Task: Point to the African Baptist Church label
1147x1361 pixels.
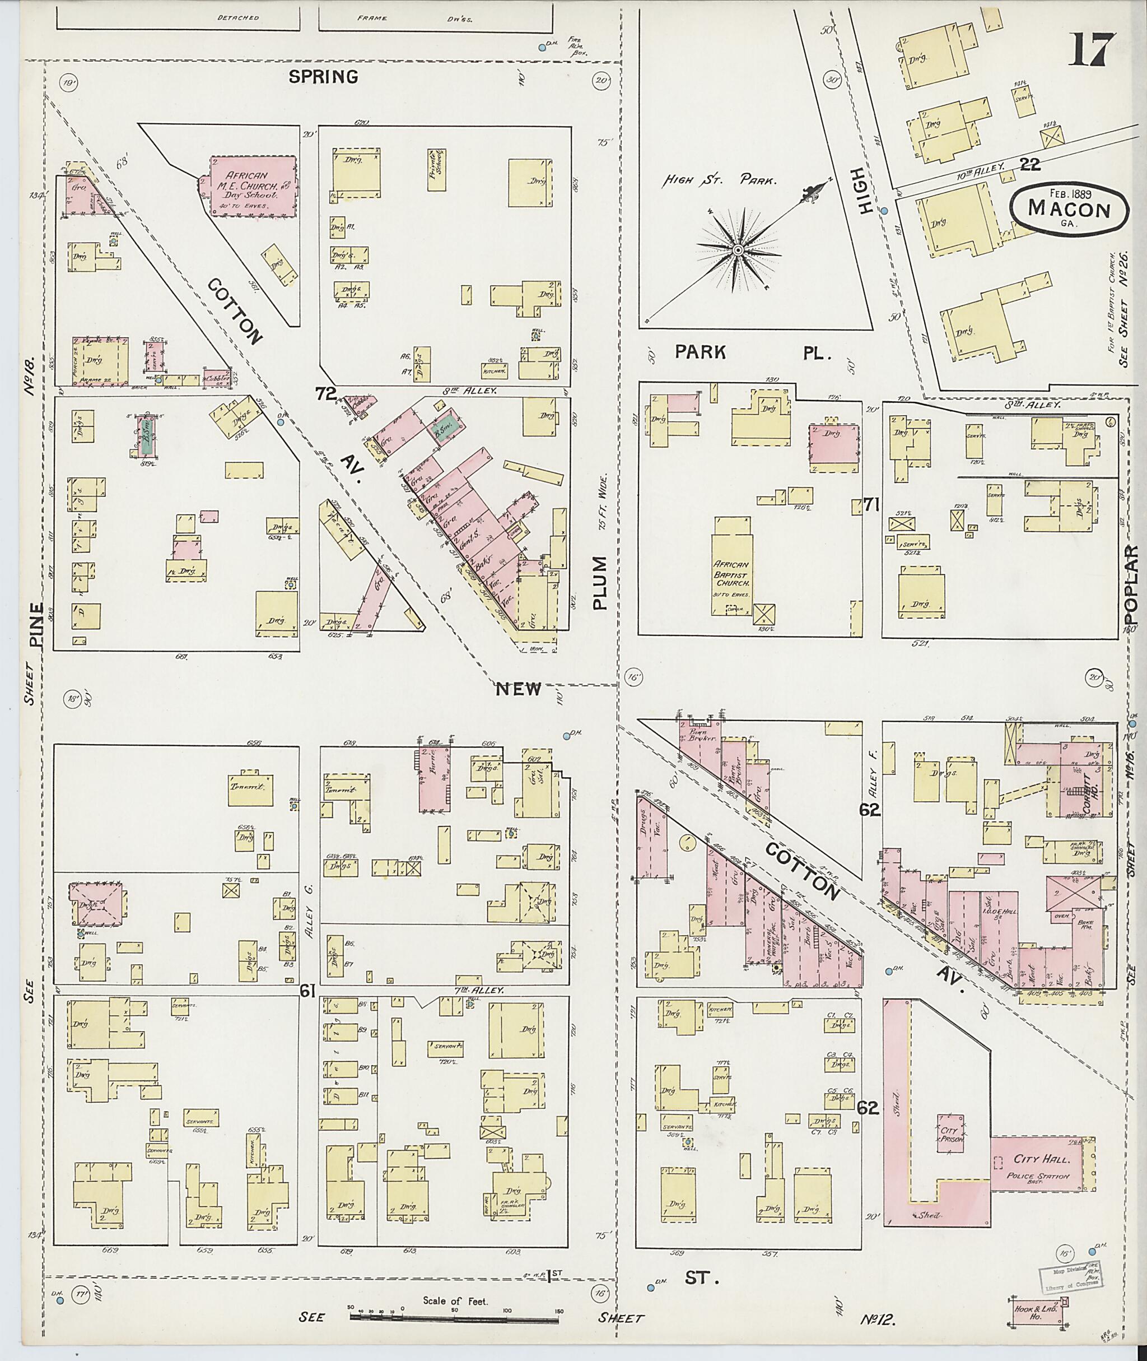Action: tap(733, 574)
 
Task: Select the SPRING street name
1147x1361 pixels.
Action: tap(323, 77)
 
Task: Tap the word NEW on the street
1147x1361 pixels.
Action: tap(518, 689)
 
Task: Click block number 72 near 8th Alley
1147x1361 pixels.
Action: tap(324, 393)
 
